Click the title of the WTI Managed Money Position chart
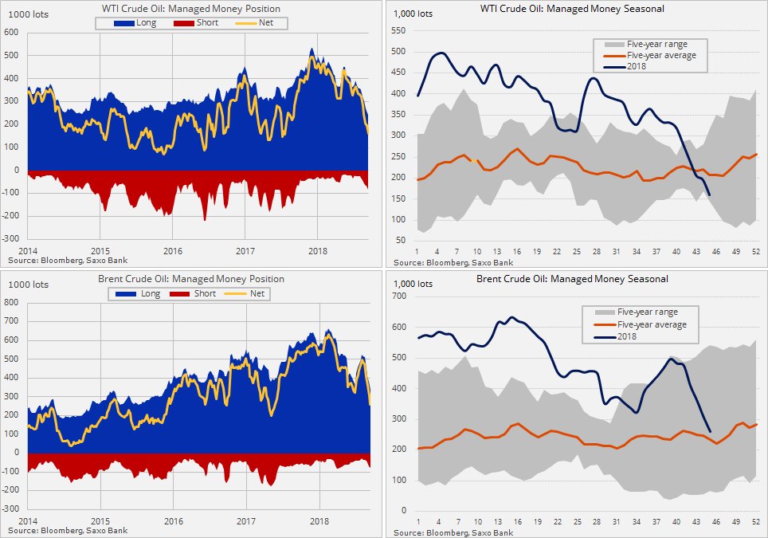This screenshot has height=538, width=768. pos(191,9)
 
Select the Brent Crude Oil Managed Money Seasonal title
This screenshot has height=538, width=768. pos(572,279)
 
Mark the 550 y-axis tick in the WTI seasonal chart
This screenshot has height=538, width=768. pos(398,31)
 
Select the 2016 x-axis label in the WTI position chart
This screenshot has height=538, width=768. pos(172,251)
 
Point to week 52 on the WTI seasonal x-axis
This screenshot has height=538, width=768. pos(754,252)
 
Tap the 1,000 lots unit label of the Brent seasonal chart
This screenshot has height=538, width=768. pos(413,284)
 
